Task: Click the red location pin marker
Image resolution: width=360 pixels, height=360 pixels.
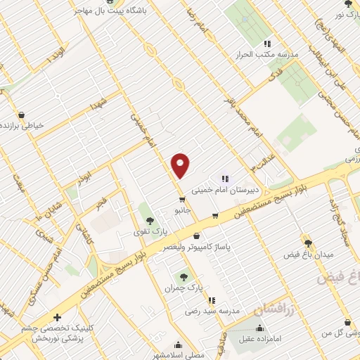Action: [x=181, y=165]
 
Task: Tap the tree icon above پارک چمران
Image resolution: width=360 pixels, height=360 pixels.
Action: [x=184, y=278]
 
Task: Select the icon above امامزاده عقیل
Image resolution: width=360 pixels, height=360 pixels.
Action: [x=259, y=328]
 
